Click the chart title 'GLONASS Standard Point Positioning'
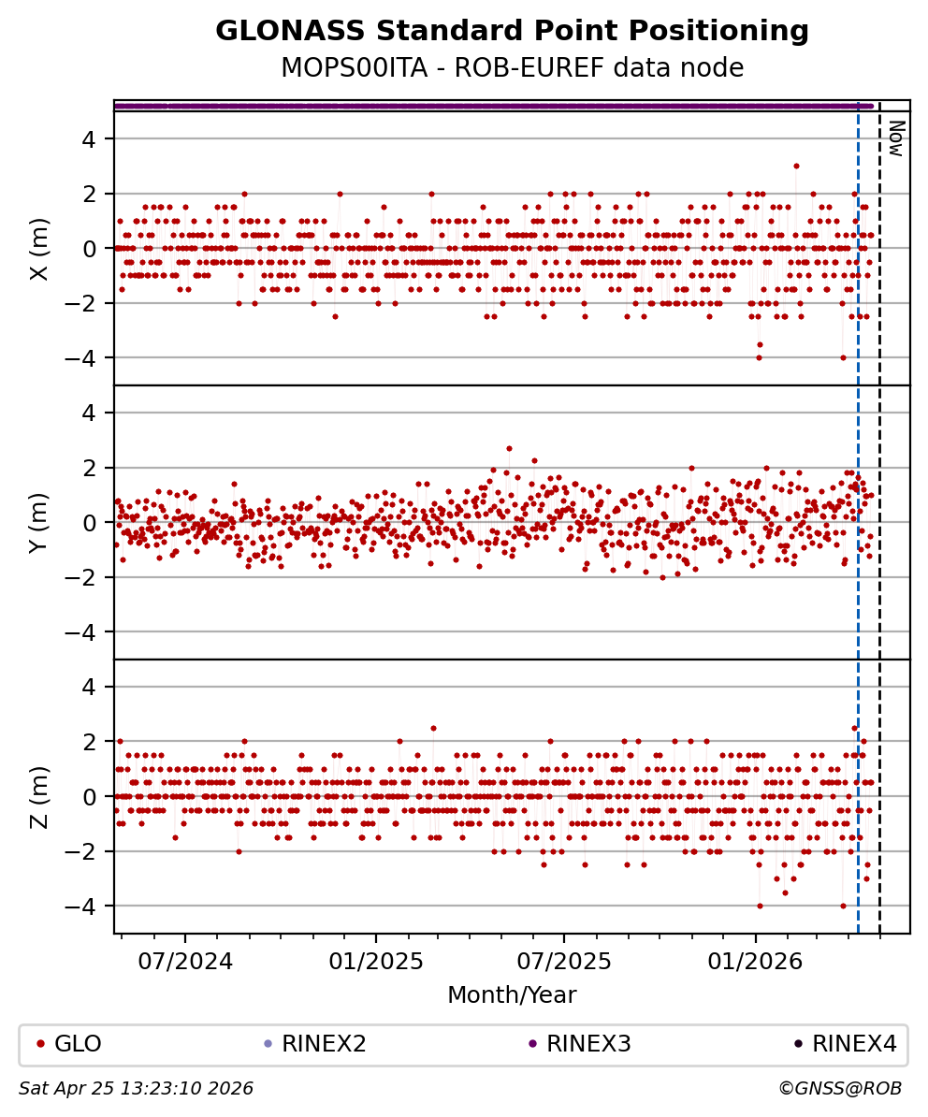[512, 32]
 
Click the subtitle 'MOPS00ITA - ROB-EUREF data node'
[512, 68]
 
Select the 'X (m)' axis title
[38, 249]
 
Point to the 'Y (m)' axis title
[38, 522]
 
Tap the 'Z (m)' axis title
[38, 796]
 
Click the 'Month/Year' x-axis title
[512, 995]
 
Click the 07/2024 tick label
[185, 962]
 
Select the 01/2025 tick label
[375, 962]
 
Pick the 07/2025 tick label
[564, 962]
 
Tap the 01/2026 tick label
[755, 962]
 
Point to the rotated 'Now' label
[895, 138]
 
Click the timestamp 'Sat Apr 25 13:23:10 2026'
[137, 1089]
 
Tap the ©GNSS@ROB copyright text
[840, 1089]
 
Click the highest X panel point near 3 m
[796, 166]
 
